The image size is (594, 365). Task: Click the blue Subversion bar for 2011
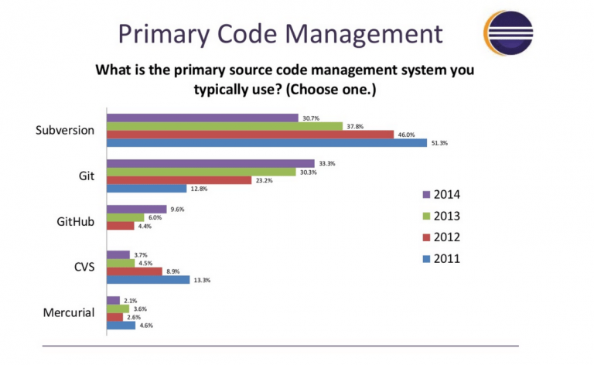266,143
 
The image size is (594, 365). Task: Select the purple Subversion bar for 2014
202,118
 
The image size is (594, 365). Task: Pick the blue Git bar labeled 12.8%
146,189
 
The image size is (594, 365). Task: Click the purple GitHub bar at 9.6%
136,209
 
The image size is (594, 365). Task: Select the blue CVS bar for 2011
148,280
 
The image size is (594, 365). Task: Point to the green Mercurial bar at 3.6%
118,309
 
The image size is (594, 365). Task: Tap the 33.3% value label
326,163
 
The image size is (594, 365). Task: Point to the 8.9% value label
172,271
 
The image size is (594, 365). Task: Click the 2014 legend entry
442,194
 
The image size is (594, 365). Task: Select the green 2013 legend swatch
426,216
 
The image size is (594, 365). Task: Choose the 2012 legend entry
442,237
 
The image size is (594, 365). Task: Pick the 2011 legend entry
442,258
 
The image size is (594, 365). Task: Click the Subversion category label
65,130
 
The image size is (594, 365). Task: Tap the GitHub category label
76,221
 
